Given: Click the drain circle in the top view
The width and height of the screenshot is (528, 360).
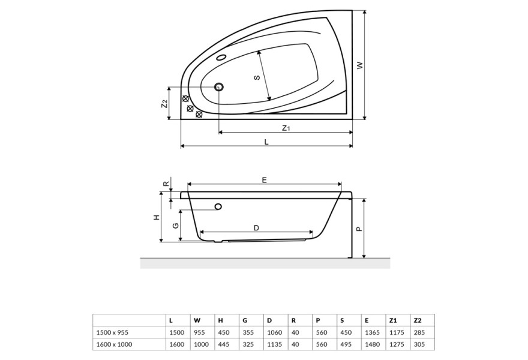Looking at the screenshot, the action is [x=219, y=87].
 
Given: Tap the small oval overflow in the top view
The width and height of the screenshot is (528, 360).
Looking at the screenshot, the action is [x=221, y=57].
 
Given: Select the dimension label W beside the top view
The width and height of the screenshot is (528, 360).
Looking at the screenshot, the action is [x=361, y=65].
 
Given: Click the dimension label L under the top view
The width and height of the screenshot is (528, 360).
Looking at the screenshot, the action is [x=266, y=142].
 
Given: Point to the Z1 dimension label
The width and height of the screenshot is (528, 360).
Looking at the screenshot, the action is [x=286, y=128].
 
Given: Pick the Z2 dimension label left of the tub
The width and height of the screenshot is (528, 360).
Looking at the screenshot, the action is [x=164, y=104].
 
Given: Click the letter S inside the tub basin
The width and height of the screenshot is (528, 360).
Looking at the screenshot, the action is [x=257, y=77].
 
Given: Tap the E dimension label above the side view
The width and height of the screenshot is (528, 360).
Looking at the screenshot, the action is [x=265, y=180].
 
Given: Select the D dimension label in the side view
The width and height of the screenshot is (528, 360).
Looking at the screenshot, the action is [x=256, y=228].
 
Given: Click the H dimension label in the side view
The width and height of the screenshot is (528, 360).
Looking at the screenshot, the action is [x=156, y=218].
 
